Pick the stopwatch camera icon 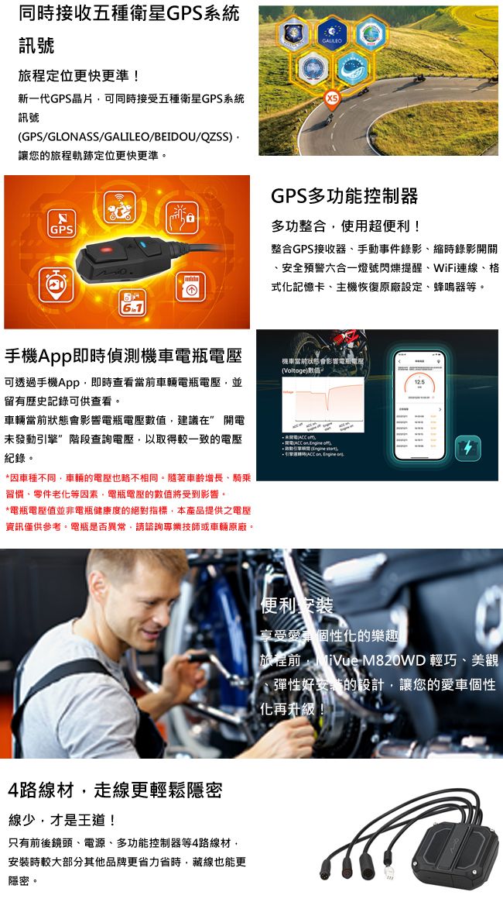click(x=56, y=284)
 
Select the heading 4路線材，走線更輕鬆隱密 click(x=115, y=790)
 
